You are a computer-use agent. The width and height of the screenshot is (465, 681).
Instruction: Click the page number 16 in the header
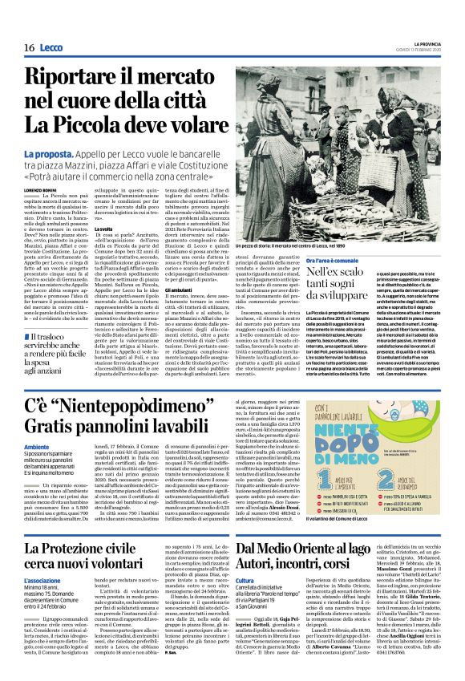coord(29,48)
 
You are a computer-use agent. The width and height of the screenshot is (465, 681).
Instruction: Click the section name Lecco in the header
coord(52,48)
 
